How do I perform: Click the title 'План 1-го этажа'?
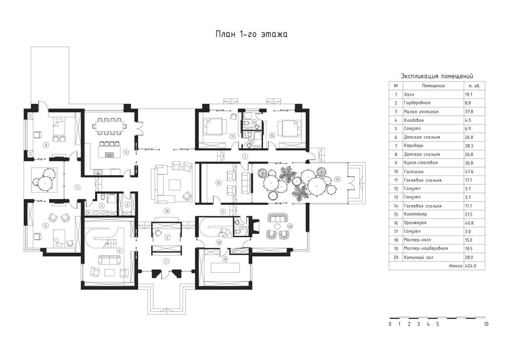click(x=251, y=34)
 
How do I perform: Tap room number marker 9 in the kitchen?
click(x=126, y=152)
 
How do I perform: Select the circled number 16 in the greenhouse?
click(x=337, y=179)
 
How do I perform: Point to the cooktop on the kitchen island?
click(x=110, y=155)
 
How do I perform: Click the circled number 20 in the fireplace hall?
click(x=290, y=226)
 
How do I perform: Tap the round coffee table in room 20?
click(x=277, y=226)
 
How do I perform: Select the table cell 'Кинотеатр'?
click(x=415, y=214)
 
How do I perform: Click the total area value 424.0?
click(x=470, y=266)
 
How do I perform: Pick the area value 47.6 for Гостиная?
click(x=469, y=172)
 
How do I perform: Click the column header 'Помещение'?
click(x=433, y=86)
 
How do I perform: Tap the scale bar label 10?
click(x=486, y=324)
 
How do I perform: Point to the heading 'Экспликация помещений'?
click(x=437, y=76)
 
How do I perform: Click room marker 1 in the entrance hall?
click(x=166, y=262)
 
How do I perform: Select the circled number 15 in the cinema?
click(x=219, y=183)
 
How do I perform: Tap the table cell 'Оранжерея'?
click(x=415, y=223)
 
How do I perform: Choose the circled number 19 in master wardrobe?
click(x=225, y=259)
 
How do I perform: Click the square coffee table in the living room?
click(x=174, y=185)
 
